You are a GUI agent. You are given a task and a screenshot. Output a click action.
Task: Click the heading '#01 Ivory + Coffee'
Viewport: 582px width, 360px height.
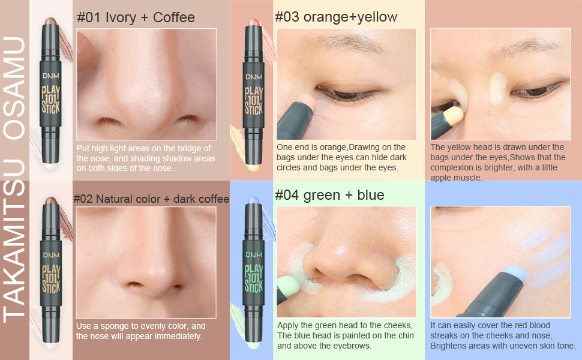click(136, 17)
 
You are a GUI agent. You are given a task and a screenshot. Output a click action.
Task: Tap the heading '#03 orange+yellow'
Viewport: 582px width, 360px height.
click(336, 17)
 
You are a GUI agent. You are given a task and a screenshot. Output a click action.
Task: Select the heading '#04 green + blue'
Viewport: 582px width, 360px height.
click(329, 195)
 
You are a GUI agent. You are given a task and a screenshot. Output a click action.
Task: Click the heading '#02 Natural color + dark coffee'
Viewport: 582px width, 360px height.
click(151, 199)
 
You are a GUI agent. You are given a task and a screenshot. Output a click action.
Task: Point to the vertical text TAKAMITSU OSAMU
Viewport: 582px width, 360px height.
click(14, 180)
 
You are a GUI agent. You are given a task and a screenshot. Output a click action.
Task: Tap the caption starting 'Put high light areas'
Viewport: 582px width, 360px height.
click(146, 158)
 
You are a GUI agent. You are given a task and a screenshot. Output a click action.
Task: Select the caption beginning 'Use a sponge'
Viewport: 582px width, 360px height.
click(141, 331)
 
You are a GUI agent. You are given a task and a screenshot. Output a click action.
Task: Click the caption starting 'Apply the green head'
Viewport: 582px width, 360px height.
click(345, 335)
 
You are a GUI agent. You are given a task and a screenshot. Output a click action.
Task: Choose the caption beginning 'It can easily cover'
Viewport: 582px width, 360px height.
click(502, 335)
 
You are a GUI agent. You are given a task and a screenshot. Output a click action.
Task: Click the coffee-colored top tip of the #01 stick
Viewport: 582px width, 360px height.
click(50, 23)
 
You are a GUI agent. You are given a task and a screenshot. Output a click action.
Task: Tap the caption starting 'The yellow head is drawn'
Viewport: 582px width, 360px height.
click(498, 162)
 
